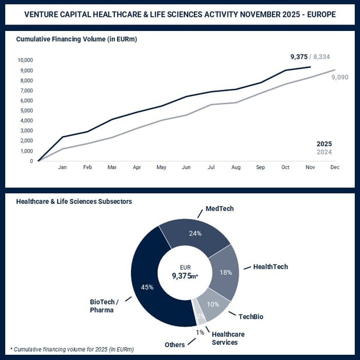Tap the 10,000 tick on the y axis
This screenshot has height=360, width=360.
pyautogui.click(x=25, y=60)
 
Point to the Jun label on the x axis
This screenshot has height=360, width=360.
pyautogui.click(x=186, y=167)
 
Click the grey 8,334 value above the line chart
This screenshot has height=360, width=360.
pyautogui.click(x=323, y=57)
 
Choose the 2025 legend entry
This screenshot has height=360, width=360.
pyautogui.click(x=324, y=144)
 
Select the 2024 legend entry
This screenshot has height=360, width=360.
pyautogui.click(x=324, y=152)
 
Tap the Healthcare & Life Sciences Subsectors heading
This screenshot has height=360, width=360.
pyautogui.click(x=74, y=201)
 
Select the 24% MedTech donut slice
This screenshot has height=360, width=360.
pyautogui.click(x=195, y=234)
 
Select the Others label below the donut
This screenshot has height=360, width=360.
pyautogui.click(x=174, y=345)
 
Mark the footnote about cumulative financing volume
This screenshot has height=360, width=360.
pyautogui.click(x=72, y=350)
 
